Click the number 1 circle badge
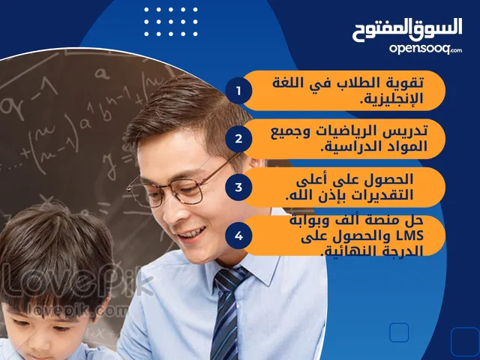(x=238, y=91)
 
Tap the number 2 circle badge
(x=238, y=139)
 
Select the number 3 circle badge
(x=238, y=187)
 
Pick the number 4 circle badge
(x=238, y=235)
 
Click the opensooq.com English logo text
(x=425, y=49)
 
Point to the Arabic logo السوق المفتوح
(x=407, y=30)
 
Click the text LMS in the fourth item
(x=409, y=235)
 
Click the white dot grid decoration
(x=171, y=22)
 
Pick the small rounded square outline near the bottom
(x=399, y=332)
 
